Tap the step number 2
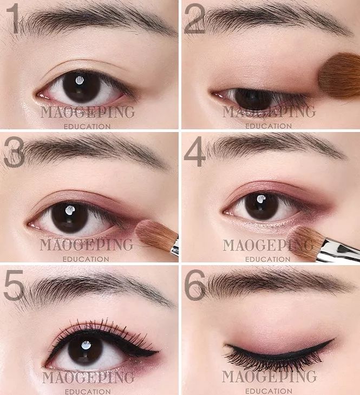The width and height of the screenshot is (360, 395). pos(195,19)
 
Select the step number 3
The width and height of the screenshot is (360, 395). pos(14,152)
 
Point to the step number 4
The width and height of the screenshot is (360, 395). pos(195,152)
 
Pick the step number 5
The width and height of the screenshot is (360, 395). pos(14,285)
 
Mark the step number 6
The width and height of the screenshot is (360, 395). pos(195,285)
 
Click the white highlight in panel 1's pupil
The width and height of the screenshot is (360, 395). pos(80,80)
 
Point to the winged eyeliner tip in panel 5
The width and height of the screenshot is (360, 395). pos(158,351)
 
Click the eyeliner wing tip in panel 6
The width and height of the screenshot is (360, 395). pos(334,340)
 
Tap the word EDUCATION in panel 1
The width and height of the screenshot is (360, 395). pos(87,127)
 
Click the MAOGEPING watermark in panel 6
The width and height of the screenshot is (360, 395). pos(269,377)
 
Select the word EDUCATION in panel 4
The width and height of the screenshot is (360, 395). pos(268,259)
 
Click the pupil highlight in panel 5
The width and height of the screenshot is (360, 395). pos(86,345)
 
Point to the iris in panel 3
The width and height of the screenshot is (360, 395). pos(70,218)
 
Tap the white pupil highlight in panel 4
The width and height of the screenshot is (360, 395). pos(261,199)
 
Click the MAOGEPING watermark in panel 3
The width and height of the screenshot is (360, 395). pos(86,245)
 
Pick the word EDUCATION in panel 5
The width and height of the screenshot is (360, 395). pos(88,392)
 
